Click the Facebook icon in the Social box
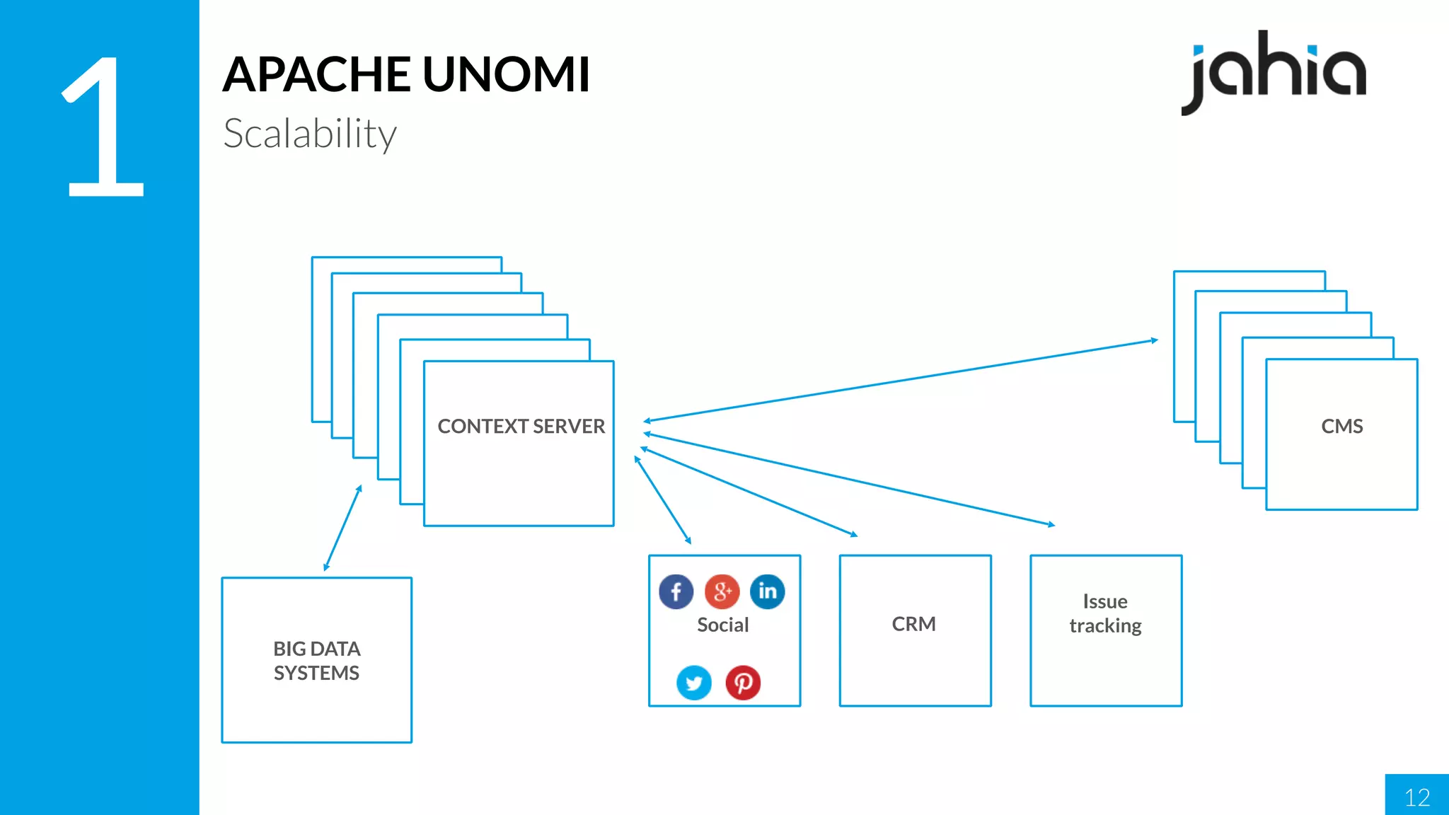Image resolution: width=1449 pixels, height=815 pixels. pyautogui.click(x=676, y=591)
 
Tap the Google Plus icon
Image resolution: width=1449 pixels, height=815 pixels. pyautogui.click(x=722, y=591)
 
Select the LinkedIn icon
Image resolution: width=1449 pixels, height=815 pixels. pyautogui.click(x=768, y=591)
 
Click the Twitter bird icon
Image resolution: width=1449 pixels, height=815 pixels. pyautogui.click(x=693, y=683)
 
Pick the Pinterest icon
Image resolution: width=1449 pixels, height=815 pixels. pyautogui.click(x=743, y=683)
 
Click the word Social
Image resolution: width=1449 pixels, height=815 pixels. pyautogui.click(x=722, y=625)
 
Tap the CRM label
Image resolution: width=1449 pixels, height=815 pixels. pyautogui.click(x=913, y=624)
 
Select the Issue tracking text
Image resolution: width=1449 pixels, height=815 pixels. pyautogui.click(x=1105, y=613)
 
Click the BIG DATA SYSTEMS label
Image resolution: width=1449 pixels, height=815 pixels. pyautogui.click(x=316, y=661)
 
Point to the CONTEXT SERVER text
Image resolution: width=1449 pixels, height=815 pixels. pyautogui.click(x=521, y=426)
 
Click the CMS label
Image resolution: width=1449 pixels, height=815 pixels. pyautogui.click(x=1341, y=426)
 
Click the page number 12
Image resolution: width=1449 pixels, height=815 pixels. pyautogui.click(x=1416, y=797)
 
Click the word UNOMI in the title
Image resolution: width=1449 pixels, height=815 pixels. pyautogui.click(x=506, y=74)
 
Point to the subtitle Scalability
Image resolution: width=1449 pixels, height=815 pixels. pyautogui.click(x=310, y=134)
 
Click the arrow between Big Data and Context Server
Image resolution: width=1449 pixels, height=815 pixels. pyautogui.click(x=342, y=528)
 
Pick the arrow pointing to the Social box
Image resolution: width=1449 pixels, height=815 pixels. pyautogui.click(x=663, y=500)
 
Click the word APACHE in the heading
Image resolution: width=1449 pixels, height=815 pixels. pyautogui.click(x=316, y=74)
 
